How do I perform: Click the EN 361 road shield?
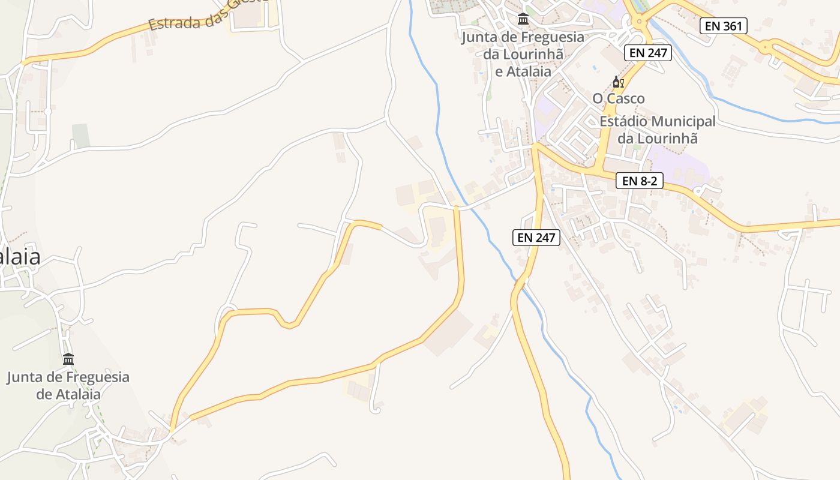pyautogui.click(x=723, y=26)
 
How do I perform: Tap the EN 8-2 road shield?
pyautogui.click(x=639, y=181)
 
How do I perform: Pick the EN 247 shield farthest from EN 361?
pyautogui.click(x=537, y=238)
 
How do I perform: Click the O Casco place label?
pyautogui.click(x=619, y=98)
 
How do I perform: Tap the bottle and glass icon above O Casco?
pyautogui.click(x=618, y=82)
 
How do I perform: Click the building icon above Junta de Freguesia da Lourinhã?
pyautogui.click(x=523, y=20)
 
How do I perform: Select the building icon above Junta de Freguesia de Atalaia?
pyautogui.click(x=68, y=359)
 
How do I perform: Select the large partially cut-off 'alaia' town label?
pyautogui.click(x=20, y=257)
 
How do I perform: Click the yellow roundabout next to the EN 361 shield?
pyautogui.click(x=766, y=46)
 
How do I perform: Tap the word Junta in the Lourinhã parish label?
pyautogui.click(x=480, y=37)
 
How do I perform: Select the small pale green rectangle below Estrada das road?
pyautogui.click(x=80, y=136)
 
